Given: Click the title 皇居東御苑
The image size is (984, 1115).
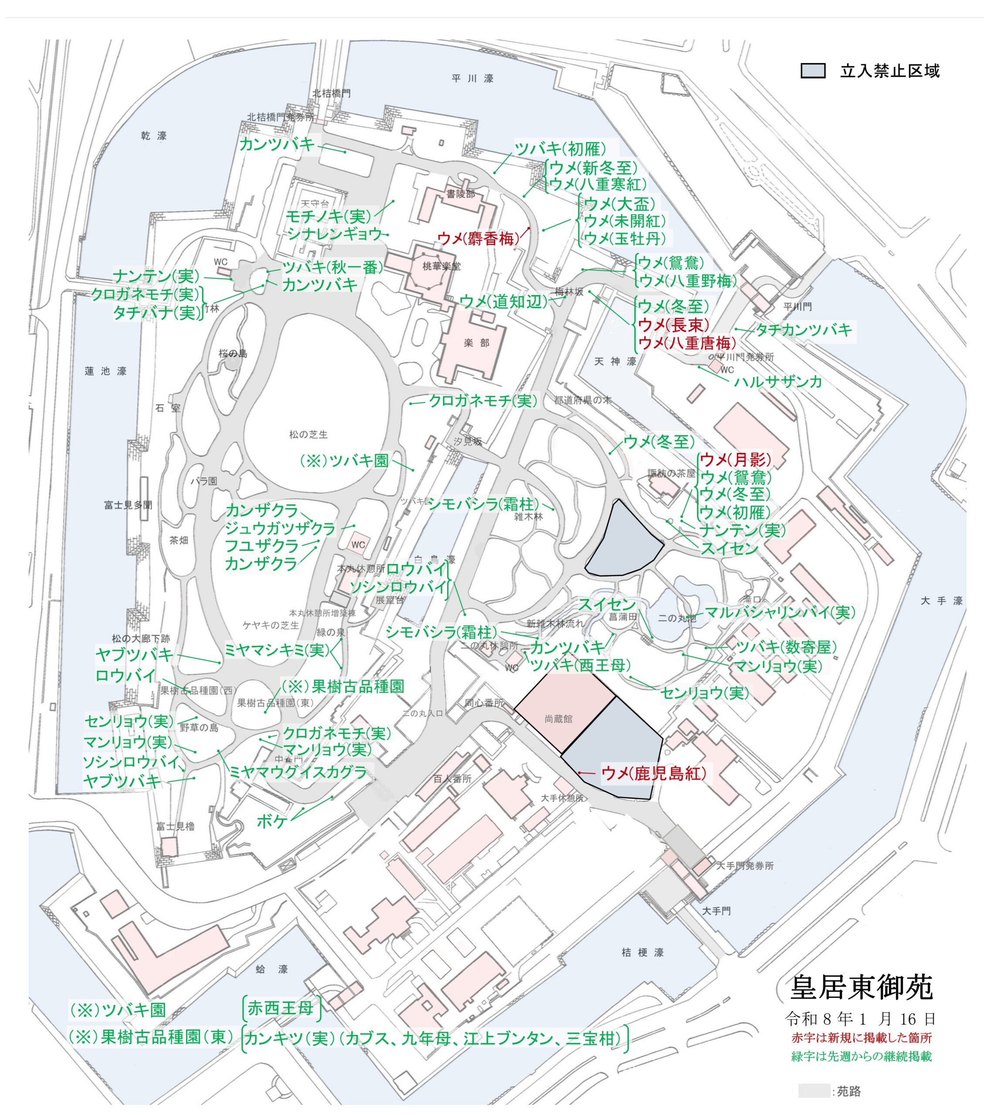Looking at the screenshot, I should coord(861,987).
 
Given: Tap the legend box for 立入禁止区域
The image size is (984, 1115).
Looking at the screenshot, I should coord(812,71).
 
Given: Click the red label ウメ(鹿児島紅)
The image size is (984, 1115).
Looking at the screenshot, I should coord(653,773).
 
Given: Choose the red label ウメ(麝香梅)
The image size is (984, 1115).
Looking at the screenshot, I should coord(478,238).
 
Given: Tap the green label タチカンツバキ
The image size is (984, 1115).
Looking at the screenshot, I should coord(803,329).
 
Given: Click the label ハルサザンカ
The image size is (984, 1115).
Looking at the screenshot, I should coord(778,381).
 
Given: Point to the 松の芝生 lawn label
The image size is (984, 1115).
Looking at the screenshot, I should coord(309,434).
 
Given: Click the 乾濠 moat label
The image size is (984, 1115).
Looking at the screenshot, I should coord(153,136).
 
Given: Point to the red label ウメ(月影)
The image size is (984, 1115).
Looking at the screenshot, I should coord(735,460).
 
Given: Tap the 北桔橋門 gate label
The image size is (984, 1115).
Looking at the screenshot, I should coord(331,93).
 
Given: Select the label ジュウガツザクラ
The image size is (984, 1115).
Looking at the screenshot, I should coord(280,528).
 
